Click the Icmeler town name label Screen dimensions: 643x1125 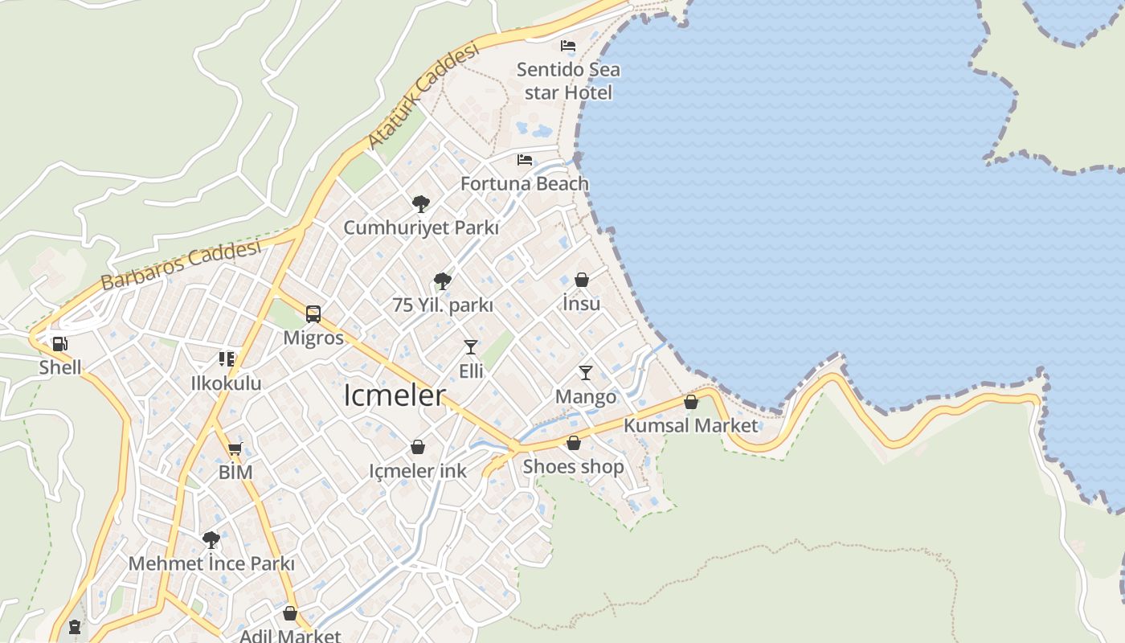pos(394,395)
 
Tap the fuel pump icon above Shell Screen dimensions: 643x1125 pos(59,345)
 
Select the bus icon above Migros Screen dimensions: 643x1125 pos(313,314)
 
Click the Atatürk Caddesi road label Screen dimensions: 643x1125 pos(422,96)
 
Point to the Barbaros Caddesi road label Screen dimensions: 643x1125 pos(182,264)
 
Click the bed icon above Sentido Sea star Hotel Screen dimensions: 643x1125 pos(568,46)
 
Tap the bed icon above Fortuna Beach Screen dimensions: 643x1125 pos(525,160)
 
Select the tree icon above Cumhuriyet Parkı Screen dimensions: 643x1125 pos(420,204)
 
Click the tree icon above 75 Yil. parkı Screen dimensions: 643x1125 pos(442,281)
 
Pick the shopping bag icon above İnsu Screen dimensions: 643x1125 pos(582,280)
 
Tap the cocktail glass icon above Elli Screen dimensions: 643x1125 pos(471,347)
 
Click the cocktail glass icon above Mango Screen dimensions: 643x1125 pos(586,373)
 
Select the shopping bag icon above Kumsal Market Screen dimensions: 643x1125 pos(691,402)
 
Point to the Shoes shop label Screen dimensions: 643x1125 pos(573,467)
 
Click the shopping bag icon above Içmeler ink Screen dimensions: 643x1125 pos(418,447)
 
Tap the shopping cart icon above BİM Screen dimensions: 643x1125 pos(235,448)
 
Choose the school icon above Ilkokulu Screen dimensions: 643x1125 pos(227,359)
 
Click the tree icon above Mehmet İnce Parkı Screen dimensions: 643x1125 pos(211,539)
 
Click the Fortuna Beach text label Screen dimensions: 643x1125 pos(525,184)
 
